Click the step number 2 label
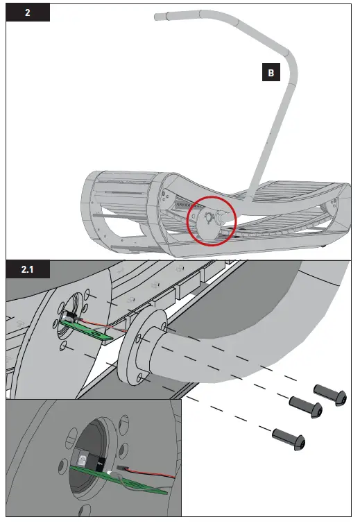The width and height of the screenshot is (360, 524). pos(28,12)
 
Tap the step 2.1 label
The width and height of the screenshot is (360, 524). pos(28,269)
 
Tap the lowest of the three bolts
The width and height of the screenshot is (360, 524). pos(286,437)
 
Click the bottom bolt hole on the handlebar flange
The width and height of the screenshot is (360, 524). pos(141,378)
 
